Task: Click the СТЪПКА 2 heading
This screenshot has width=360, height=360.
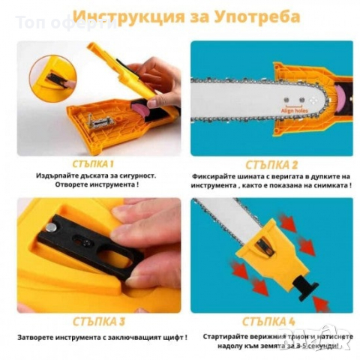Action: (x=271, y=163)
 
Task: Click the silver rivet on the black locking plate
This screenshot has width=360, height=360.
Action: (x=49, y=226)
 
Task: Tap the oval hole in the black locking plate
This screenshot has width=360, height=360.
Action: (x=112, y=259)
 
